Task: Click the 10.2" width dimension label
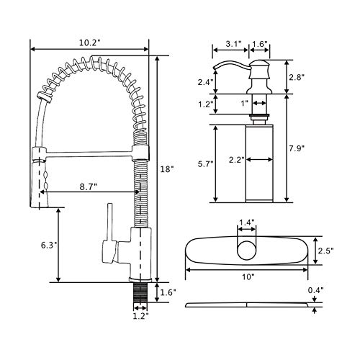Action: click(x=89, y=43)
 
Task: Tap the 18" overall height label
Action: click(x=167, y=169)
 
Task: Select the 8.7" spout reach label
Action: click(x=89, y=187)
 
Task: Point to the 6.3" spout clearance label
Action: click(x=49, y=246)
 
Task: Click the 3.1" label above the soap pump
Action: click(x=233, y=44)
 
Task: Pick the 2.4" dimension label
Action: click(x=206, y=82)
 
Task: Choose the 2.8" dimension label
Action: click(x=297, y=77)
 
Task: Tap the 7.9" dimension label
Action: click(x=297, y=148)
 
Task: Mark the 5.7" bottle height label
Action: click(x=206, y=164)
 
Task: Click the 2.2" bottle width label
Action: click(x=237, y=160)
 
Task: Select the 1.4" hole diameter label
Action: click(x=246, y=222)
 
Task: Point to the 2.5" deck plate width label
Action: click(x=325, y=251)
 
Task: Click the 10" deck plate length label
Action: click(x=248, y=277)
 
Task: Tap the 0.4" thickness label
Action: click(x=316, y=290)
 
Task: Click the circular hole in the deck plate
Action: click(x=246, y=251)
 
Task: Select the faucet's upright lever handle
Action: click(x=110, y=222)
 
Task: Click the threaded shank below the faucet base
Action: click(x=140, y=292)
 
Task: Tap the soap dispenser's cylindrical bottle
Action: click(x=259, y=163)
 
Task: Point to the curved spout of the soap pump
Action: click(x=232, y=64)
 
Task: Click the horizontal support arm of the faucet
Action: click(x=89, y=153)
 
